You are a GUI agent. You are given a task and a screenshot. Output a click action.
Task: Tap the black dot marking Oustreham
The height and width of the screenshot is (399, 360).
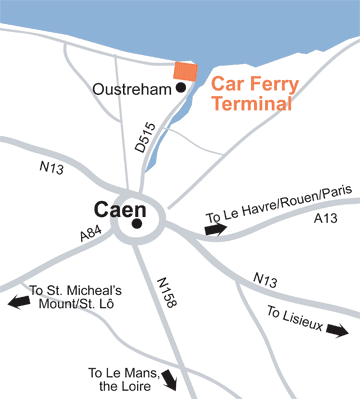[x=181, y=88]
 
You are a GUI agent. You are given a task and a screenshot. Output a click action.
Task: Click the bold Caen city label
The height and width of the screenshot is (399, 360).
[x=120, y=210]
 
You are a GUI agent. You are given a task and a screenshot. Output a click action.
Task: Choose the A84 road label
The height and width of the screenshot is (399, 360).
[x=92, y=236]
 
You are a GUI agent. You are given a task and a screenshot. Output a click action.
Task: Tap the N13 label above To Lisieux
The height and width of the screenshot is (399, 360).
[x=265, y=279]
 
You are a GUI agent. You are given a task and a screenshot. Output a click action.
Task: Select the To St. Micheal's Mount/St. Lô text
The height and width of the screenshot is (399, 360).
[x=70, y=296]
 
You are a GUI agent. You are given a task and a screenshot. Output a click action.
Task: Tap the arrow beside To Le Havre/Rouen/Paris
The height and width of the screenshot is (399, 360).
[x=215, y=230]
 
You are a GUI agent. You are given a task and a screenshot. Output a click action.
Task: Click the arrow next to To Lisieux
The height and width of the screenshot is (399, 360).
[x=339, y=329]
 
